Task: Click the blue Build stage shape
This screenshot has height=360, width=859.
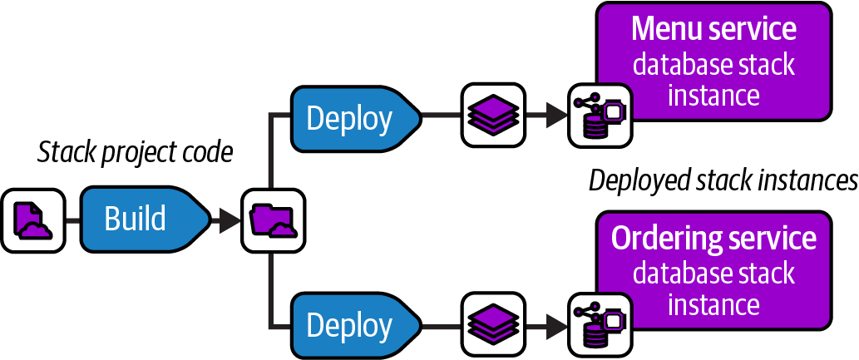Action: (141, 219)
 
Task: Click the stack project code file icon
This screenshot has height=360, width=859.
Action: (32, 220)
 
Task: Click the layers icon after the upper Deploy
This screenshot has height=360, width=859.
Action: (493, 116)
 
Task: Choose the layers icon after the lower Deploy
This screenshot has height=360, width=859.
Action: (493, 323)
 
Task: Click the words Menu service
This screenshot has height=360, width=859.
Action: (713, 29)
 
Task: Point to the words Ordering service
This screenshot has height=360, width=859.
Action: (713, 239)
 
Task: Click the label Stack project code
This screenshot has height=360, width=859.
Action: (136, 152)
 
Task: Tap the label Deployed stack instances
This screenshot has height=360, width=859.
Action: (723, 180)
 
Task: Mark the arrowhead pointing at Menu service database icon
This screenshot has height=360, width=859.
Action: (555, 116)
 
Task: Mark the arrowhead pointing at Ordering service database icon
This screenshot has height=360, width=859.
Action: (555, 323)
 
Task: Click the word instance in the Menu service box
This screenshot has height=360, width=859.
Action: (713, 95)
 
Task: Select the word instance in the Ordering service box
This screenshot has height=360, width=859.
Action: (713, 304)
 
